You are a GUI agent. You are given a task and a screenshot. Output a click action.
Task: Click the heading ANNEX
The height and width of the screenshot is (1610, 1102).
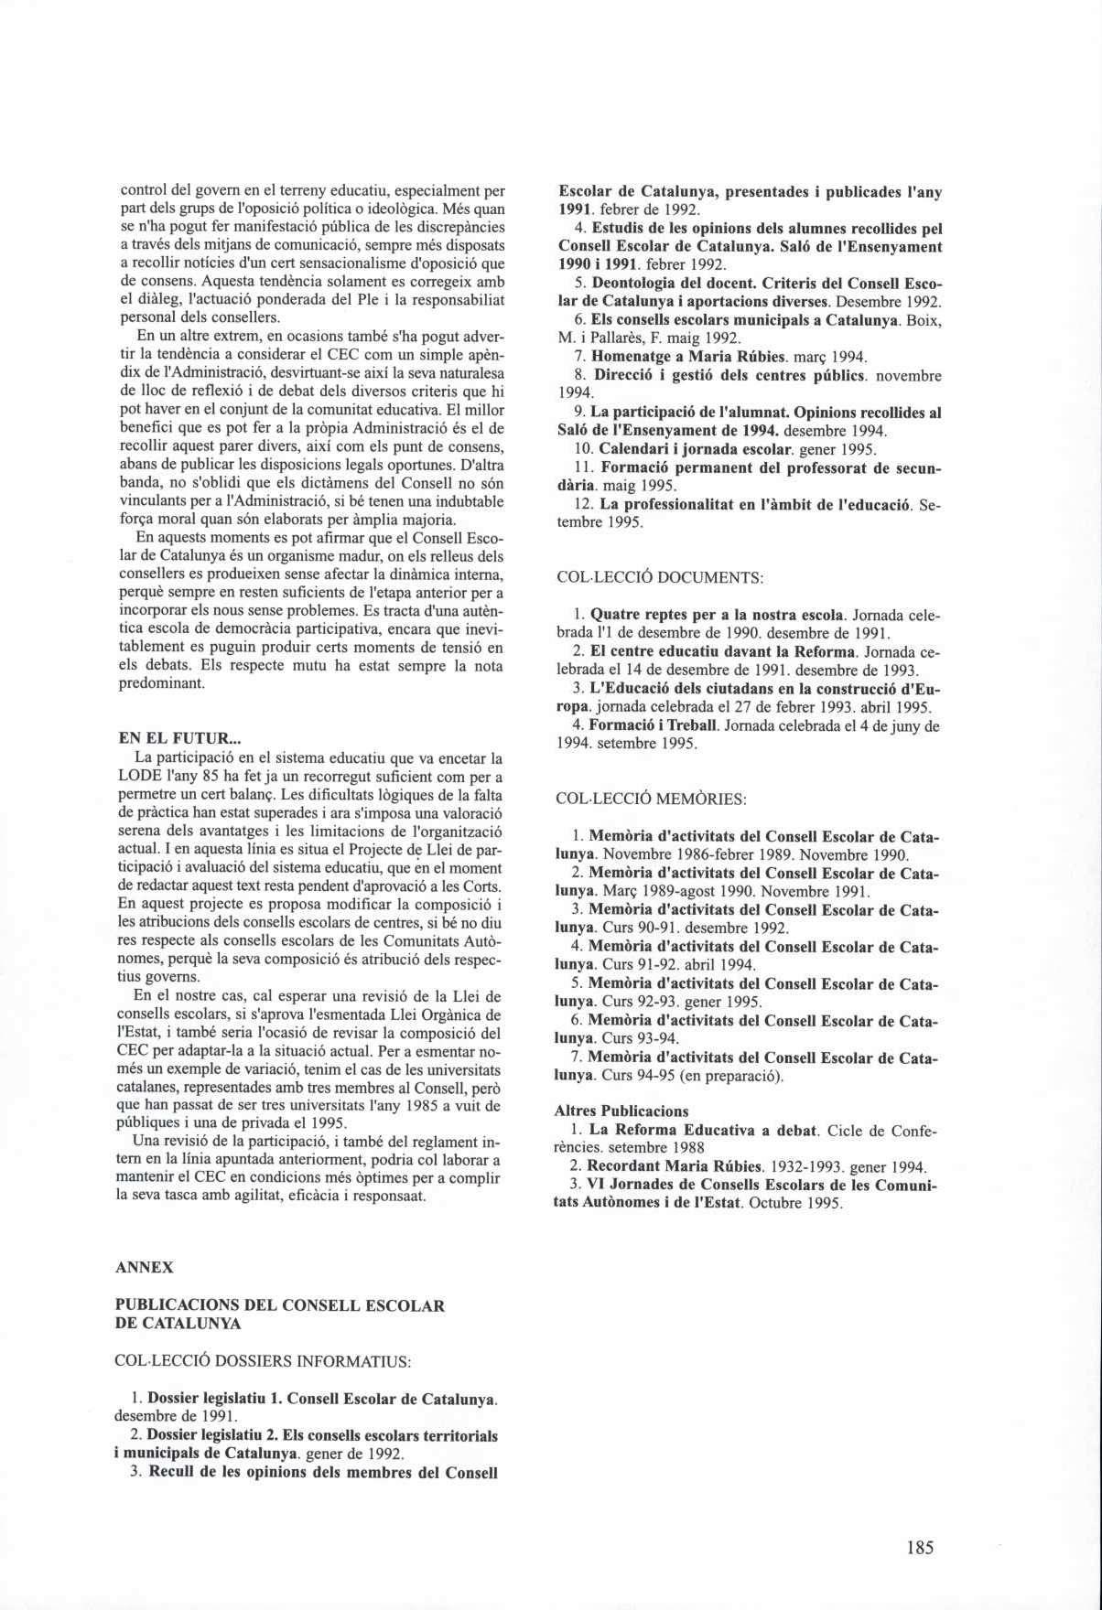coord(144,1268)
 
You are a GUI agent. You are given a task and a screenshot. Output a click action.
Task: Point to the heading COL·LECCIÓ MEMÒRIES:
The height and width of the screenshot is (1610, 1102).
coord(651,799)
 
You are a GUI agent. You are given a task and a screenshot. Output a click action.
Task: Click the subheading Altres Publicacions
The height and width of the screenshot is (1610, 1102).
coord(621,1111)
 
